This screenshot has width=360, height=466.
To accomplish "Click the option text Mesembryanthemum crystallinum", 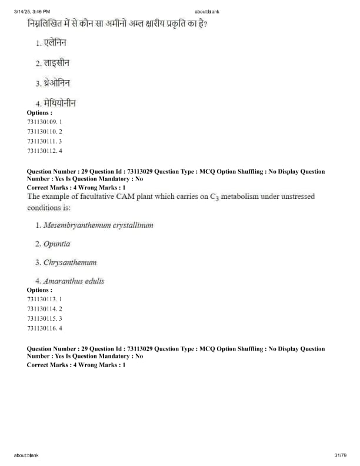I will pos(98,225).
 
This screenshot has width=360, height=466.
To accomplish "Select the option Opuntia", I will pos(56,244).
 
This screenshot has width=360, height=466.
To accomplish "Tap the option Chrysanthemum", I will pos(69,262).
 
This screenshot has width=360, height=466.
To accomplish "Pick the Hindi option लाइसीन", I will pos(57,63).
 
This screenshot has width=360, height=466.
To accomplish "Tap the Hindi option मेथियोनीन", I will pos(59,104).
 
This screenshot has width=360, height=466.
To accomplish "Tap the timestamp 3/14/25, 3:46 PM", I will pos(32,12).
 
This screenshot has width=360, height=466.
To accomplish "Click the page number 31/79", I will pos(339,455).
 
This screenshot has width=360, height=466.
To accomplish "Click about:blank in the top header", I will pos(205,12).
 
